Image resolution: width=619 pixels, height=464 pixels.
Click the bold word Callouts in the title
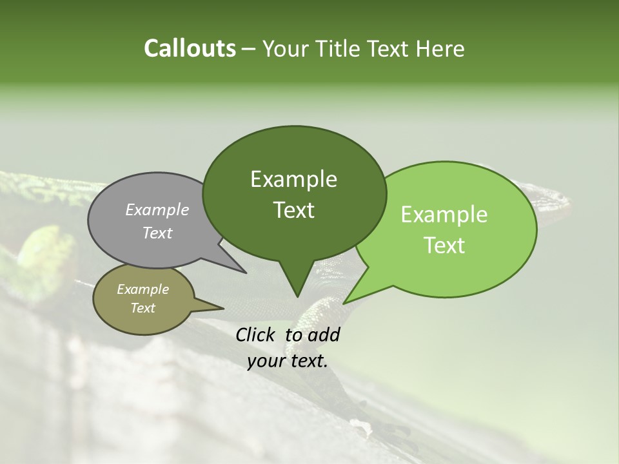click(190, 48)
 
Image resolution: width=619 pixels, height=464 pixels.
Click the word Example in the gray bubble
click(157, 209)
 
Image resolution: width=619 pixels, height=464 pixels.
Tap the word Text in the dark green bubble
click(293, 210)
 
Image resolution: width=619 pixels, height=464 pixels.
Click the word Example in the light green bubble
click(444, 215)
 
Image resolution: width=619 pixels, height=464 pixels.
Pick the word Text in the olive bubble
click(142, 308)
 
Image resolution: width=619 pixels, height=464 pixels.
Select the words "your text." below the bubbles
click(288, 361)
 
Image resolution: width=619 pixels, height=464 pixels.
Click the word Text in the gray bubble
click(157, 233)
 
